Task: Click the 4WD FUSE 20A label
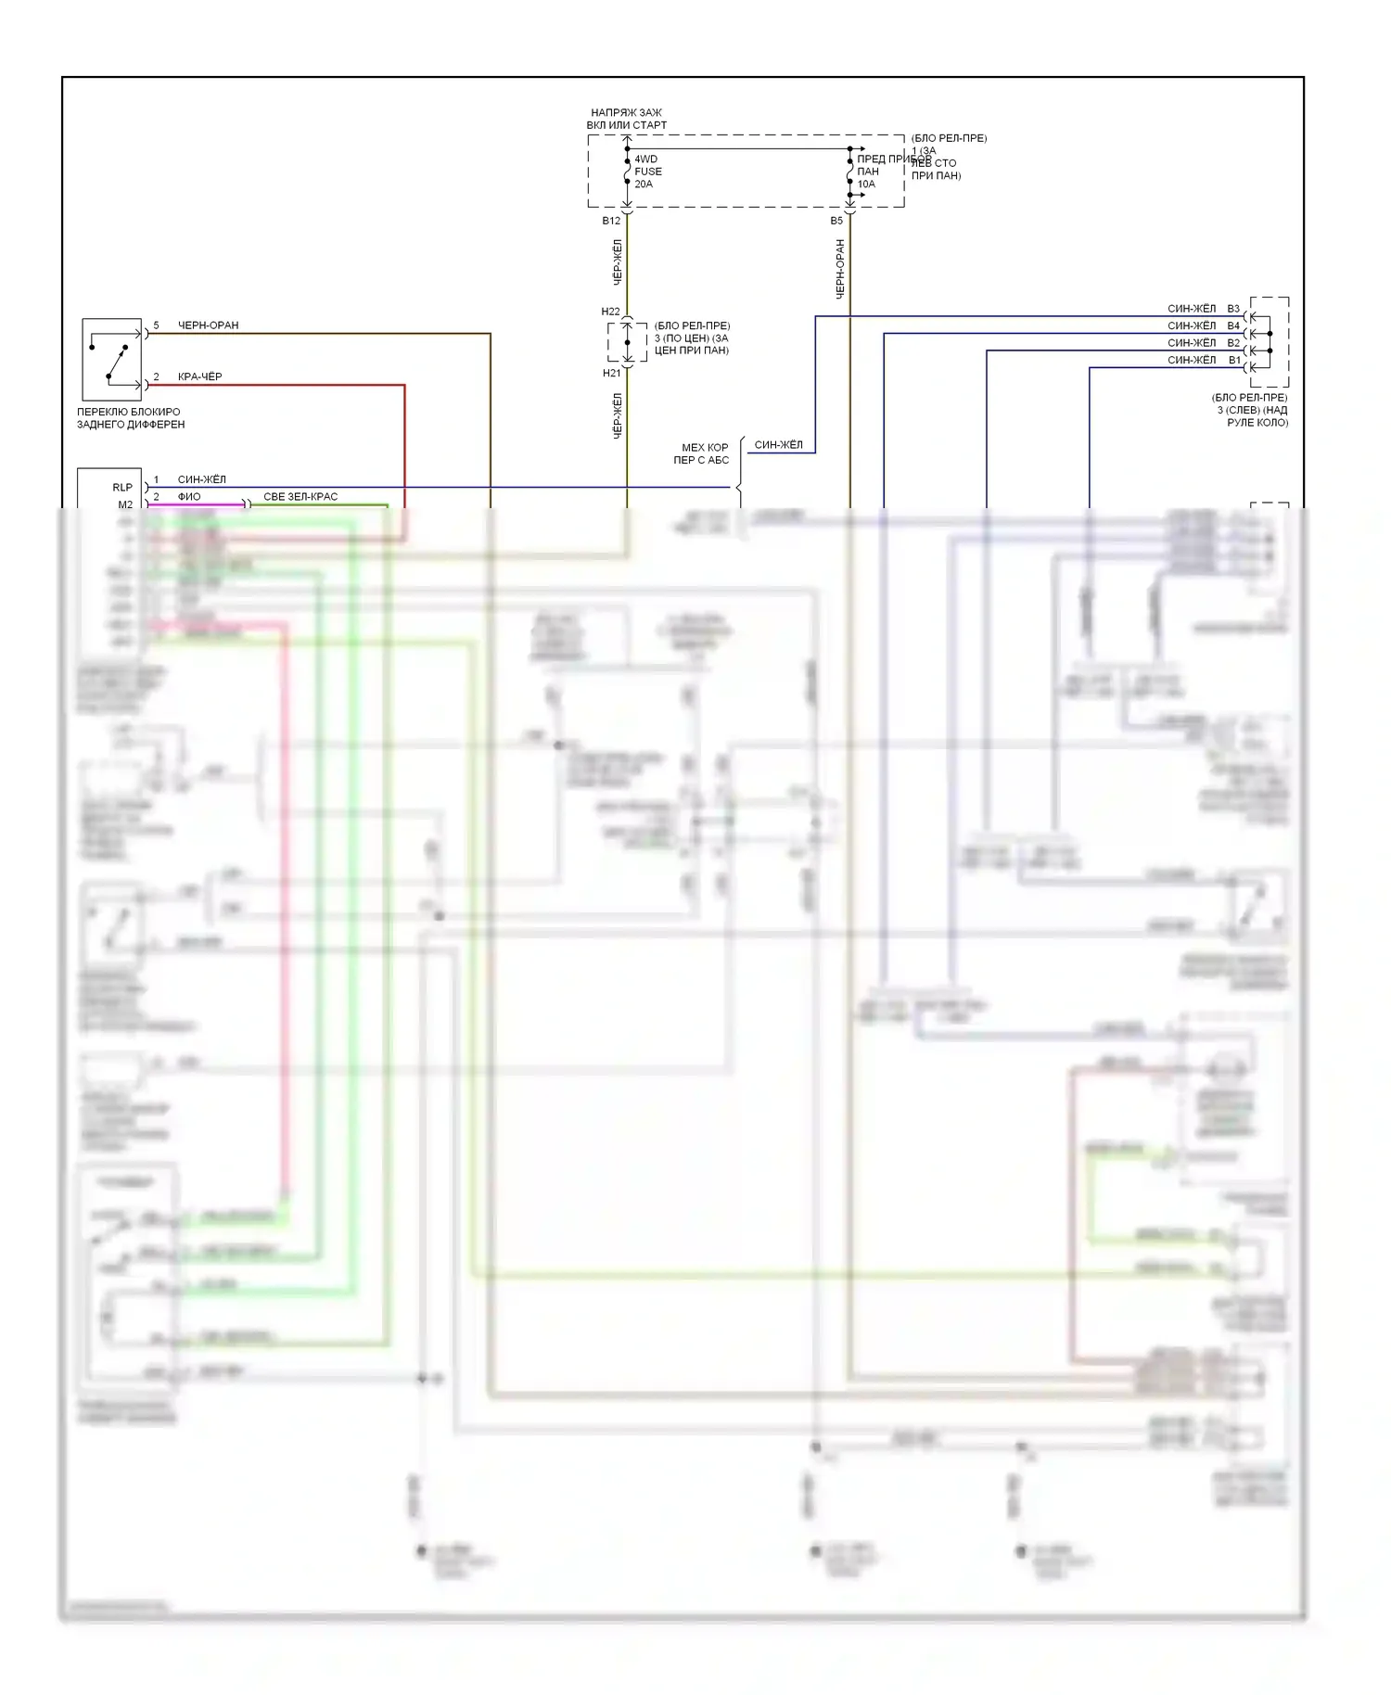[647, 172]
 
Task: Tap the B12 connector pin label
[611, 221]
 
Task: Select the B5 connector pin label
[836, 221]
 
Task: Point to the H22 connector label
[610, 312]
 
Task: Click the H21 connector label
[611, 373]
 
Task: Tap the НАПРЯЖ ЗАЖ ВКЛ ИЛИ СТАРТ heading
[627, 119]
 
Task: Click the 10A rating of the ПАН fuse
[866, 185]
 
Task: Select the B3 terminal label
[1233, 309]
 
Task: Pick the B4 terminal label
[1233, 325]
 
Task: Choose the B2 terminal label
[1233, 343]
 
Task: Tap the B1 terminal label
[1234, 360]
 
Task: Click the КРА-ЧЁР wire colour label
[199, 376]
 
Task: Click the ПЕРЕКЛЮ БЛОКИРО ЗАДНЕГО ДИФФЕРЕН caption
[131, 418]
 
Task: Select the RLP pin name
[122, 487]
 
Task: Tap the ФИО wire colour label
[189, 497]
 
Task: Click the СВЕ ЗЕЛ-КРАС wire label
[300, 497]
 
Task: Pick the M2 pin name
[125, 504]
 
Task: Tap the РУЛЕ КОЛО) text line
[1257, 423]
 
